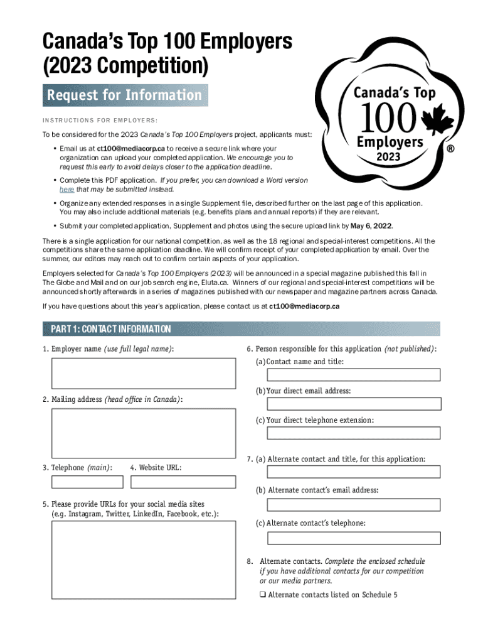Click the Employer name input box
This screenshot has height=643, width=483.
144,374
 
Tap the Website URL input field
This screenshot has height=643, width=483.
183,482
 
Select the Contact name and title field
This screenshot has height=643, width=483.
353,375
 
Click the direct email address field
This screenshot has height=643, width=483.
353,404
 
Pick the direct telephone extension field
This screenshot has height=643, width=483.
353,433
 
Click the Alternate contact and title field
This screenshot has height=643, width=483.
353,472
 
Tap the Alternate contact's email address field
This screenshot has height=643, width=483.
353,505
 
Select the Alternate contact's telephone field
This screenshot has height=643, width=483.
353,538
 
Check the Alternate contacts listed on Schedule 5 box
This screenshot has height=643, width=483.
263,595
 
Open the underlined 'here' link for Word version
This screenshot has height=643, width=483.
67,189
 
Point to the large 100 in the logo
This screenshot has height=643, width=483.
388,117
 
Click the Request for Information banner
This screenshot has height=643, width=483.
125,95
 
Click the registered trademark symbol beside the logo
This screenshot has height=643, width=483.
449,150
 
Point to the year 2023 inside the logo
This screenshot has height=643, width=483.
390,156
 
